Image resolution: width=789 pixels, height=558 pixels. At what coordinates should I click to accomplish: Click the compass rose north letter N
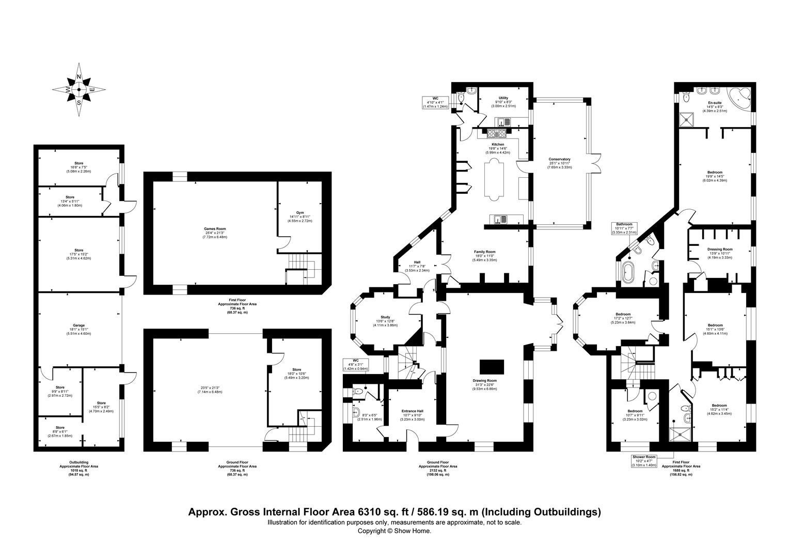[x=79, y=77]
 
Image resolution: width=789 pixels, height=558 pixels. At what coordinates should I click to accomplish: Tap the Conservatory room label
[x=560, y=159]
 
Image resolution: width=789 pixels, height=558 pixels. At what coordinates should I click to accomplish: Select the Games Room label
[x=214, y=229]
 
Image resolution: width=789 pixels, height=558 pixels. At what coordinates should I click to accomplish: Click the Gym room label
[x=300, y=212]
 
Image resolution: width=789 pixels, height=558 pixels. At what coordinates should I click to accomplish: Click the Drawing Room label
[x=486, y=381]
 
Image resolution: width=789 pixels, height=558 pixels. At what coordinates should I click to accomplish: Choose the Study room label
[x=385, y=317]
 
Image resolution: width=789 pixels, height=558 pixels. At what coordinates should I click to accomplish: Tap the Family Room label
[x=485, y=252]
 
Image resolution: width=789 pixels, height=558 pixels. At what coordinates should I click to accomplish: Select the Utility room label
[x=503, y=98]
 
